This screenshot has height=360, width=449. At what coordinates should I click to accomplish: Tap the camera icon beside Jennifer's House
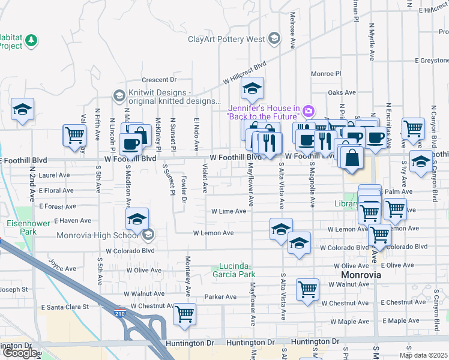309,110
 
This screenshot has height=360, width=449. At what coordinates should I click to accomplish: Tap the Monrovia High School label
98,235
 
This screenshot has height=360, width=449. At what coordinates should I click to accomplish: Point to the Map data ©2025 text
423,355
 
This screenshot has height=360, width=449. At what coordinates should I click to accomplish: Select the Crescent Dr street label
159,80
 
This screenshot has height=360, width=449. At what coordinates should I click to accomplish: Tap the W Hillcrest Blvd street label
244,73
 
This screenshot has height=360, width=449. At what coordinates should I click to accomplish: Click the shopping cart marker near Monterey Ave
184,313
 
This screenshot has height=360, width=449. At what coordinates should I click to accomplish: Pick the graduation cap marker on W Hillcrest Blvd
253,89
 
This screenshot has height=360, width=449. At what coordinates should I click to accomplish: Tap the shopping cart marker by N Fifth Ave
74,134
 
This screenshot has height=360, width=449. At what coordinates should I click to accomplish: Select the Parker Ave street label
220,296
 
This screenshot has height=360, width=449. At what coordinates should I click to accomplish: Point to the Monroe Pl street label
325,74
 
